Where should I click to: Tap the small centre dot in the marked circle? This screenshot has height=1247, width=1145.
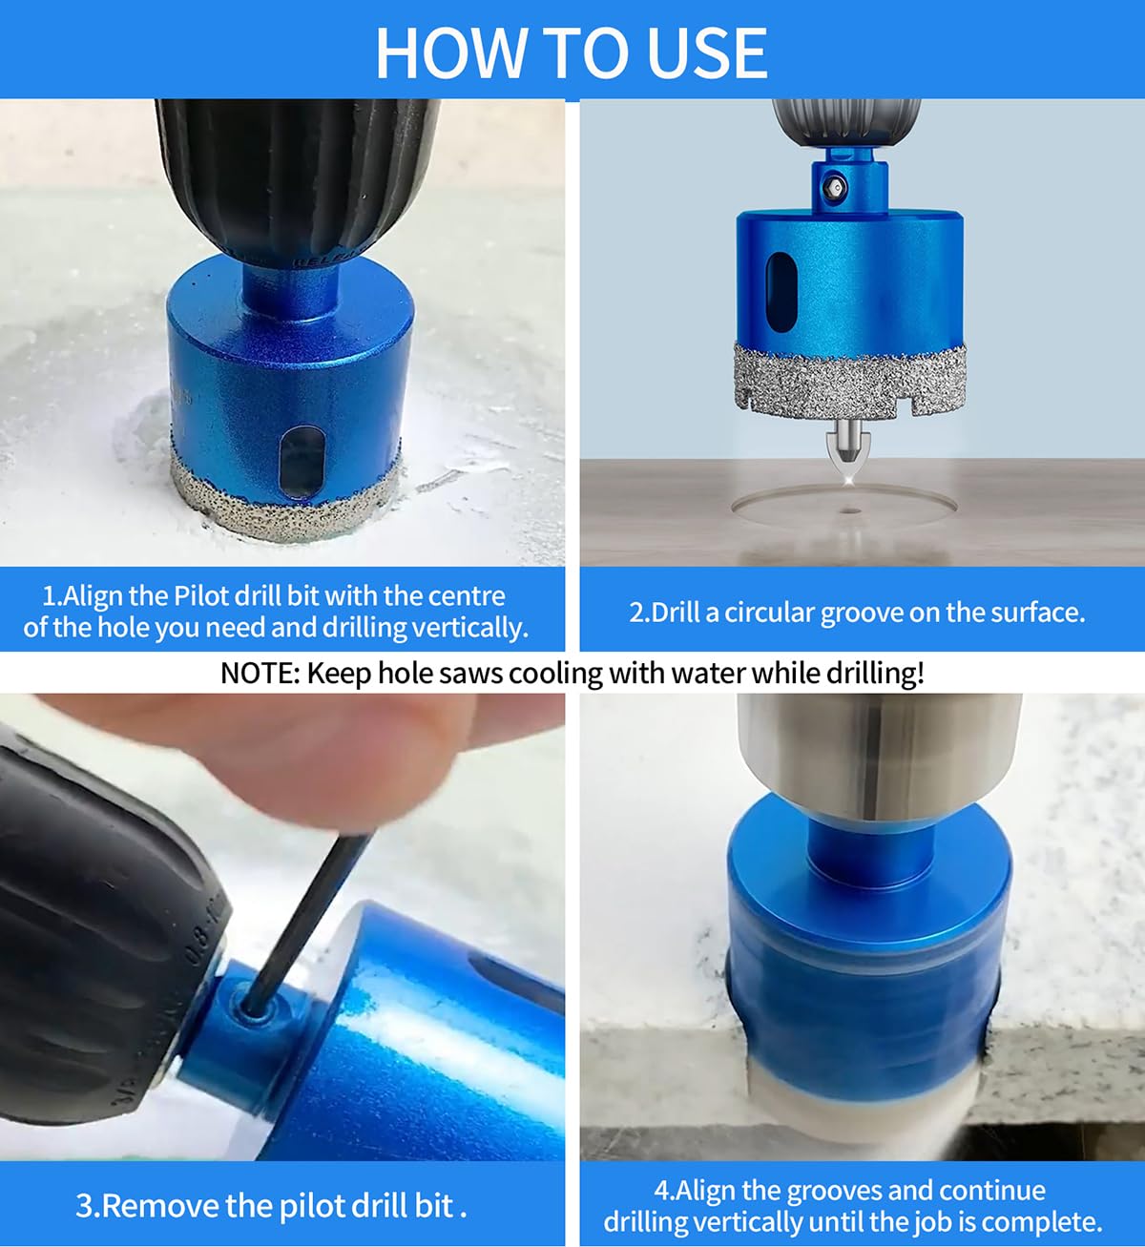849,511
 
